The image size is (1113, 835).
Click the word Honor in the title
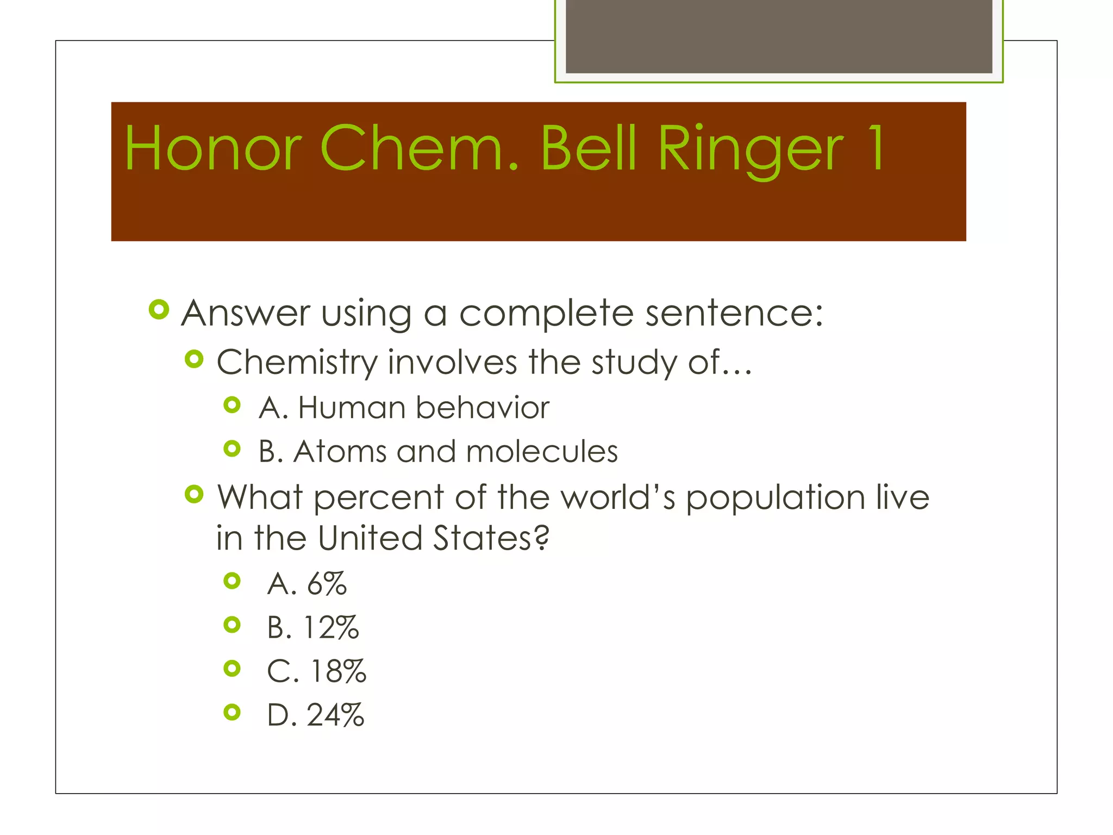click(213, 148)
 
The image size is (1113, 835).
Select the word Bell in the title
click(588, 148)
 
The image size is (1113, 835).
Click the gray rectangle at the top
click(779, 36)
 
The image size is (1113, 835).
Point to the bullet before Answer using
click(159, 310)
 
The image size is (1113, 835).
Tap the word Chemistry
click(297, 363)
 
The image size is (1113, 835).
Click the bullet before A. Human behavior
click(232, 405)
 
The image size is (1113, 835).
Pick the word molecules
click(542, 452)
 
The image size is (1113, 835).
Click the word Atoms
click(340, 452)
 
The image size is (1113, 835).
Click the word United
click(370, 538)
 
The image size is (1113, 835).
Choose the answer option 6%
click(327, 584)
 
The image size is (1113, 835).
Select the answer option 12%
click(331, 628)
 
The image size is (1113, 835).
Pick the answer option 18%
click(337, 671)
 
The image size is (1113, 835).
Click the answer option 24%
click(335, 715)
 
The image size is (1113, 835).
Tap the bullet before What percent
click(194, 494)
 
